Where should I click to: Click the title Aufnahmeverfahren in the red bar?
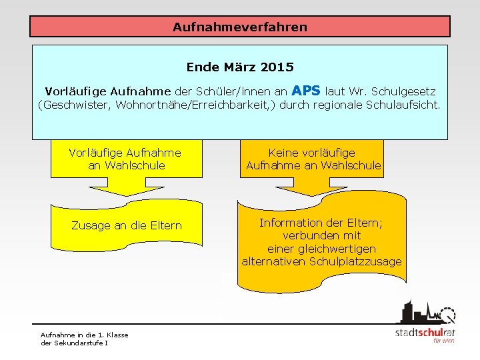240,27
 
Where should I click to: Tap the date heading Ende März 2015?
240,67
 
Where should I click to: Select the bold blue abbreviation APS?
306,90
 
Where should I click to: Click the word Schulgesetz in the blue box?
404,91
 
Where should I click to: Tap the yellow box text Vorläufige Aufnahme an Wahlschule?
125,159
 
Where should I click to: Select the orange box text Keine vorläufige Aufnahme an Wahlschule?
313,159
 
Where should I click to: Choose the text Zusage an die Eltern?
126,225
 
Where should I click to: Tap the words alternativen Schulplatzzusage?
321,261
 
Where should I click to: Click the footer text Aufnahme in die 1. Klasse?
85,335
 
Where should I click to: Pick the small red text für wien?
443,341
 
